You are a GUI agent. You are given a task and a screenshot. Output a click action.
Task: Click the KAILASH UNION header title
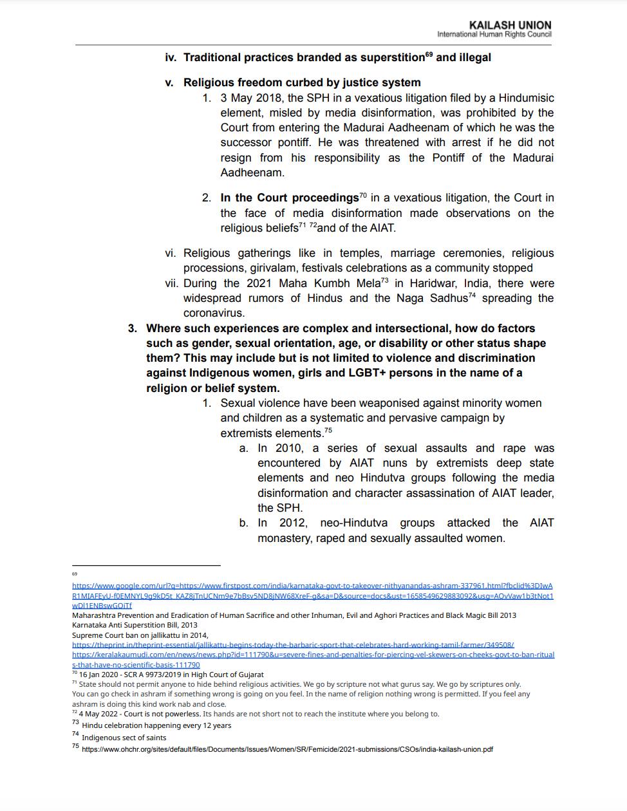pos(510,25)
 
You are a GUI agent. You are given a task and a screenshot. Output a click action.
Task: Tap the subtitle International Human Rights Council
pos(494,34)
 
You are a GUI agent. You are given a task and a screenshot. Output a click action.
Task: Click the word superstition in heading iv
pos(393,58)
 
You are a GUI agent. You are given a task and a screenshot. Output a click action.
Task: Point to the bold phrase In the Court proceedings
pos(289,198)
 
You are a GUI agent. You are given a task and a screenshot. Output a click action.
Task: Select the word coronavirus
pos(214,313)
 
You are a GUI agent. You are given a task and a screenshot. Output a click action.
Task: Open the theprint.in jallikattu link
pos(293,644)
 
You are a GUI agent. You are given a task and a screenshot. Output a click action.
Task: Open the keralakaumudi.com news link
pos(313,655)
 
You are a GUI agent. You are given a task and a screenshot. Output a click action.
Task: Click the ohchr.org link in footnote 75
pos(287,749)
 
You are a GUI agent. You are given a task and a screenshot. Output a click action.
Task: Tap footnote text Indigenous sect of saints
pos(124,738)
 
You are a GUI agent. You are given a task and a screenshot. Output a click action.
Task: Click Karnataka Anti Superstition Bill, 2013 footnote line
pos(135,625)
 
